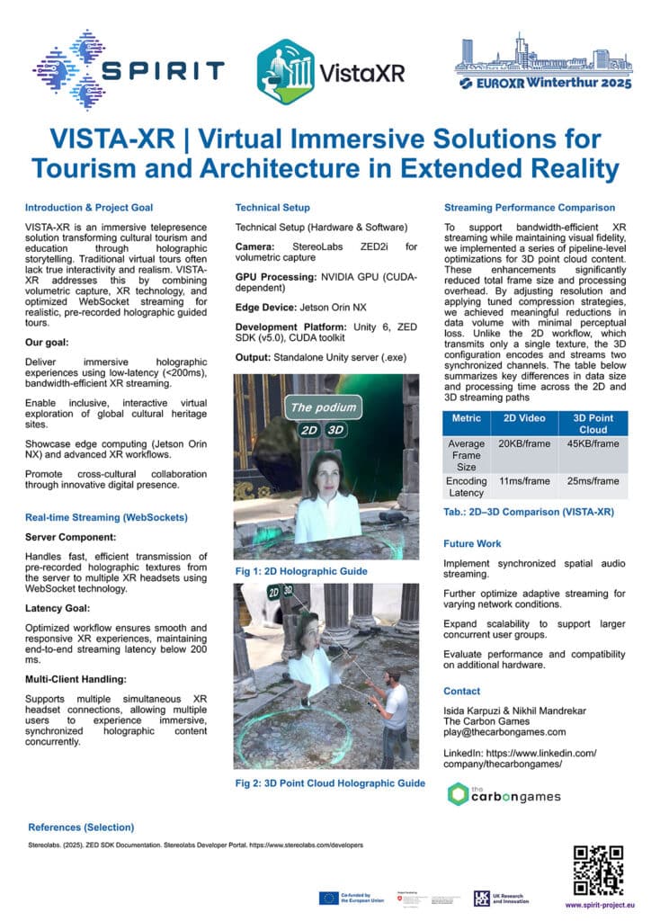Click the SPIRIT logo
coord(127,69)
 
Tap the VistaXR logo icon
coord(285,69)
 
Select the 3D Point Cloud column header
coord(593,423)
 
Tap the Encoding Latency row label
coord(467,487)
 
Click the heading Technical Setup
coord(272,207)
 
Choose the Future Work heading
coord(472,543)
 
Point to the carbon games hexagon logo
coord(459,794)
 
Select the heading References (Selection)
coord(81,827)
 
